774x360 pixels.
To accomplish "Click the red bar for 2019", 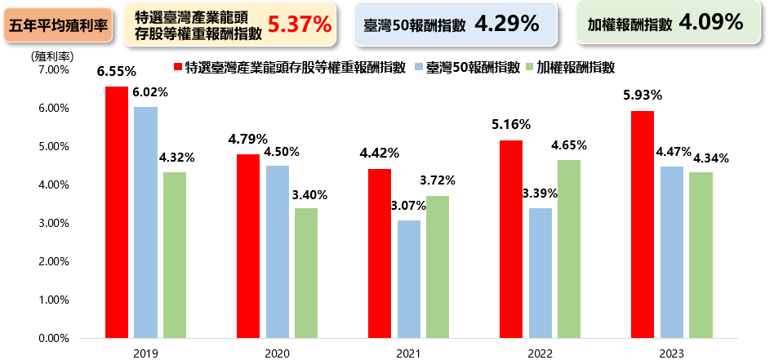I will click(117, 212).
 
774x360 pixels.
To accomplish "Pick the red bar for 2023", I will click(643, 224).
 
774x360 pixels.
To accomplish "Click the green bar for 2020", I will click(306, 273).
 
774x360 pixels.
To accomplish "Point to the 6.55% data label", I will click(116, 72).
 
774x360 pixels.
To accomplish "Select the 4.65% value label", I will click(569, 145).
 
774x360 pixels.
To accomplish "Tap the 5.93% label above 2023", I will click(642, 96).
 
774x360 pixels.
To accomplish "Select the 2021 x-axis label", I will click(408, 352).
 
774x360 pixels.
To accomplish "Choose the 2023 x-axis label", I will click(671, 352).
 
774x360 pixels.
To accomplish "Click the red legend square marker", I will click(177, 66).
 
